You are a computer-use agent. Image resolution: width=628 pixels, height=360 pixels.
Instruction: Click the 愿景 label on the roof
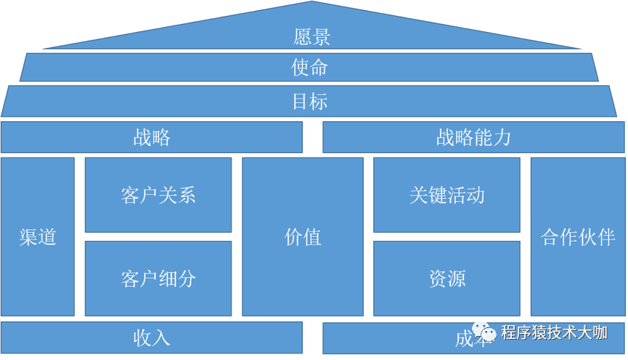312,36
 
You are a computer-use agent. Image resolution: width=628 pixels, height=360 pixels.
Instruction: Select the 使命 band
310,67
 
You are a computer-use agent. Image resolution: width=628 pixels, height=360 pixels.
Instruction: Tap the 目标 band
310,101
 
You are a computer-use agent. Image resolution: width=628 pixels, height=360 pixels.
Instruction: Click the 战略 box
152,137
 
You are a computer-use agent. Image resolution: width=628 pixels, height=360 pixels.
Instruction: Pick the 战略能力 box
473,137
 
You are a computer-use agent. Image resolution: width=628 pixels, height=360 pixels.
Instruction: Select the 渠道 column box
38,237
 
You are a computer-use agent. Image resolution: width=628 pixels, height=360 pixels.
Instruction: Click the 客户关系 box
158,195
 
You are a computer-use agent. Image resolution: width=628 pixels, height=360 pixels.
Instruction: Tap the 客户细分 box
158,278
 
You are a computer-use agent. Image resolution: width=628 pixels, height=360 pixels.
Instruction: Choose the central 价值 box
303,237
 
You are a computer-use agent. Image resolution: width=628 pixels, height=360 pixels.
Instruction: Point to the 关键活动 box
446,195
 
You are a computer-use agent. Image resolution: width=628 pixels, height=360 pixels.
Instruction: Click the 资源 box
446,278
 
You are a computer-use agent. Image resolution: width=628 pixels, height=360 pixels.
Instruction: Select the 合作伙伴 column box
578,237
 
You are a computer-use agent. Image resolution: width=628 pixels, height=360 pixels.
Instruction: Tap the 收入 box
152,337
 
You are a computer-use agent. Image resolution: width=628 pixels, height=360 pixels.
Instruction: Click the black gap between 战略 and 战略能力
312,137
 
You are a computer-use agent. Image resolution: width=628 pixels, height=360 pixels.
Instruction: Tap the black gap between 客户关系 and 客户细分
158,237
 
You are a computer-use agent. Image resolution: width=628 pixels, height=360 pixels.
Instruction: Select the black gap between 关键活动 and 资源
446,237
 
